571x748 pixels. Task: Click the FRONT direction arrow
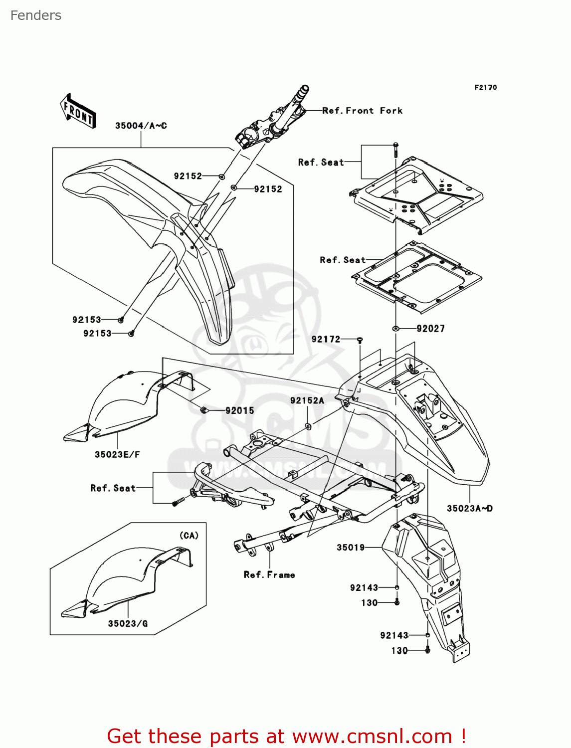click(x=78, y=111)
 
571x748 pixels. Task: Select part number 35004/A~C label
click(x=141, y=126)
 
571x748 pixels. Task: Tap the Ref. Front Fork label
click(x=362, y=111)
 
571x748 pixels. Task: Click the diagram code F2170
click(x=485, y=87)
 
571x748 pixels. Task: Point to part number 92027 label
click(x=430, y=329)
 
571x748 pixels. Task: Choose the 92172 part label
click(x=326, y=339)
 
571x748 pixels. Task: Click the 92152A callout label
click(x=307, y=400)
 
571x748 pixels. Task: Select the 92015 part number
click(x=239, y=410)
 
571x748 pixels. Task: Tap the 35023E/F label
click(x=117, y=454)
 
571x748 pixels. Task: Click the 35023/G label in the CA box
click(x=128, y=623)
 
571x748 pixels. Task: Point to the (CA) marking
click(x=189, y=536)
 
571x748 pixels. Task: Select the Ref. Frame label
click(x=269, y=575)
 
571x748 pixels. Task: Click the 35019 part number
click(x=351, y=548)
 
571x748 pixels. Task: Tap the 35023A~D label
click(x=469, y=509)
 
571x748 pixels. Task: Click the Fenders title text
click(x=36, y=15)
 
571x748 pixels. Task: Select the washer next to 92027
click(x=395, y=329)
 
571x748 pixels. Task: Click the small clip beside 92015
click(x=203, y=410)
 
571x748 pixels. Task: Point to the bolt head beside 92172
click(x=360, y=340)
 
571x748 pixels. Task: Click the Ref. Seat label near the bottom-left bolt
click(x=113, y=488)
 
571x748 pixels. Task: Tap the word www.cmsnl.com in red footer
click(x=372, y=736)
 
